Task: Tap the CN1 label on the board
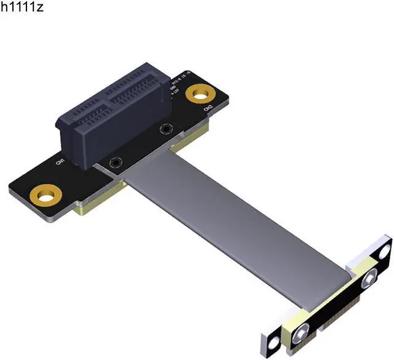click(x=60, y=162)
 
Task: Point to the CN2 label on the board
click(x=209, y=108)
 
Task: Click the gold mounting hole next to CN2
click(x=199, y=94)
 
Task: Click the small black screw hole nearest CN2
click(x=166, y=129)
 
